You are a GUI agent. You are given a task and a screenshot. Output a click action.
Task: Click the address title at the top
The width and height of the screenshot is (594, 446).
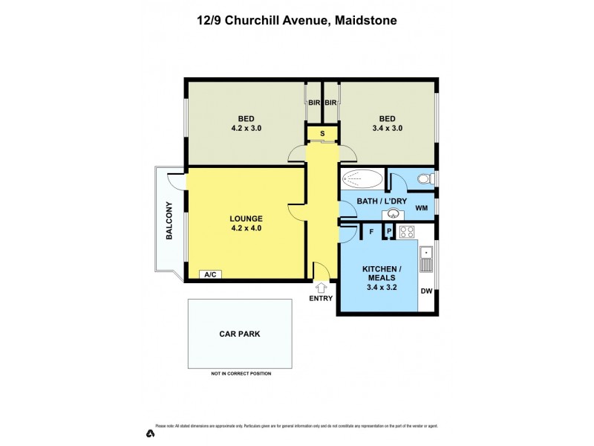click(x=297, y=21)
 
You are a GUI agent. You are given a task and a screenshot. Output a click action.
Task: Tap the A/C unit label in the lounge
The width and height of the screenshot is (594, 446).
click(x=209, y=274)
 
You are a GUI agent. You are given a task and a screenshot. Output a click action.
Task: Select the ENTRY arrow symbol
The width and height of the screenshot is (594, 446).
click(x=322, y=287)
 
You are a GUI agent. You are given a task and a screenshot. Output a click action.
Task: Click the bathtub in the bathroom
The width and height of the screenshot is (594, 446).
click(x=363, y=179)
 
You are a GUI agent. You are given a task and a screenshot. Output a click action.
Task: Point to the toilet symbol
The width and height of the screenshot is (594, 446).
click(x=425, y=179)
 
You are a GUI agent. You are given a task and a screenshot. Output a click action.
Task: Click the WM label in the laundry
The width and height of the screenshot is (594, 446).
click(x=421, y=207)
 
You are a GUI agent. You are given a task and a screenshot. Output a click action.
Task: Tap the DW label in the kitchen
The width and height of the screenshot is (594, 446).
click(x=425, y=291)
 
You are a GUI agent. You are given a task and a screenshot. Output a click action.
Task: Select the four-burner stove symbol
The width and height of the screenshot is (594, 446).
click(x=407, y=232)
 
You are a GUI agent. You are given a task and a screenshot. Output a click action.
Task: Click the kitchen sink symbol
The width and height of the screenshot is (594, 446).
click(x=425, y=260)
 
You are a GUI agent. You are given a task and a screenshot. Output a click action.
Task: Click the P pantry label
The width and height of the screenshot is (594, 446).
click(x=388, y=233)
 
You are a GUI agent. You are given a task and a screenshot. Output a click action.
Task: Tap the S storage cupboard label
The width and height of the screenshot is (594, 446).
click(x=322, y=134)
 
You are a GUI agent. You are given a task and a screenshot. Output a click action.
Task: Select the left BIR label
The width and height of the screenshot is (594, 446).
click(x=313, y=103)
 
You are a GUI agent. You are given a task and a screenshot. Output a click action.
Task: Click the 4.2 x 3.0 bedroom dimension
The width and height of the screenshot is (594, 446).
click(x=245, y=128)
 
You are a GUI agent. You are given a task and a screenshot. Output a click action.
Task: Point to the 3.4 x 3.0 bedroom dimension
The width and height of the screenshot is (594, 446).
click(x=387, y=128)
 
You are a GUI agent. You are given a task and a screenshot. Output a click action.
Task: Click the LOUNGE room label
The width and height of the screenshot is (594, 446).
click(x=246, y=219)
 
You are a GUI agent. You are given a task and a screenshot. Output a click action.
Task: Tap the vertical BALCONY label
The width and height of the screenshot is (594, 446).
click(x=169, y=221)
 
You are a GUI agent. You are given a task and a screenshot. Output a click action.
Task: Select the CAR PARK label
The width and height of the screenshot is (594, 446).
click(x=239, y=334)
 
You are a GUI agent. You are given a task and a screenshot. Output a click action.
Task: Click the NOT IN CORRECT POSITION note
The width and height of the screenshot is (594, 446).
click(x=241, y=373)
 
